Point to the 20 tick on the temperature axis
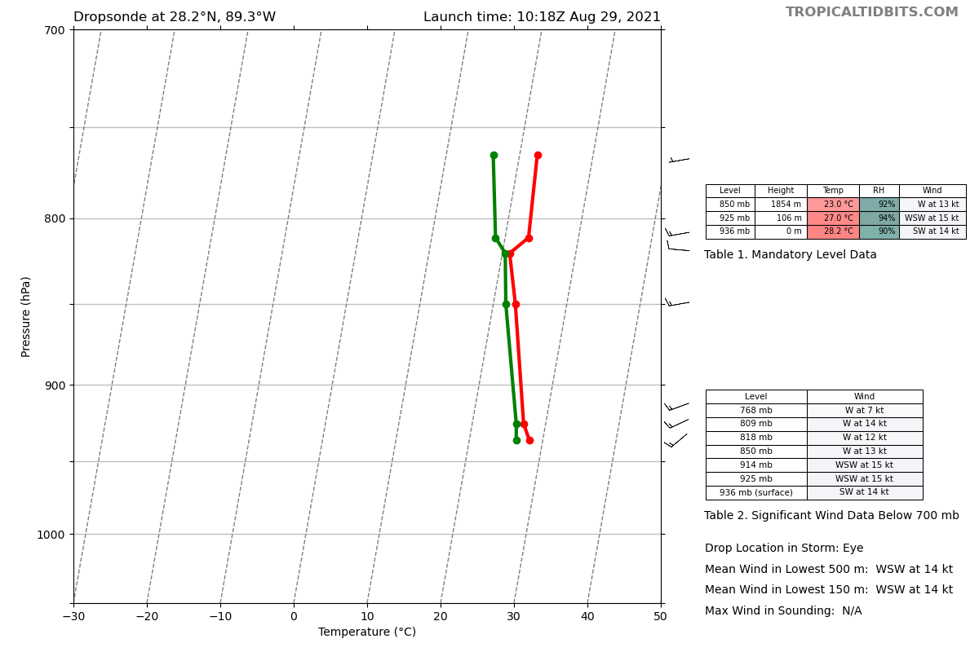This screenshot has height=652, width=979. (x=441, y=617)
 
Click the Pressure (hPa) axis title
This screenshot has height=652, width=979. (x=26, y=316)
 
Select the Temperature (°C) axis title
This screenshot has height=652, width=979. (x=367, y=632)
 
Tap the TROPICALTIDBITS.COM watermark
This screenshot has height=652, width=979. (x=871, y=12)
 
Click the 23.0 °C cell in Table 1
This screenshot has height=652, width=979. (x=833, y=205)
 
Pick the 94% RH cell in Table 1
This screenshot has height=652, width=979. (x=879, y=218)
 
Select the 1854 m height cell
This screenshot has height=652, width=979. (x=781, y=205)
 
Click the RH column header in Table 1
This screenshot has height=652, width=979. (x=879, y=191)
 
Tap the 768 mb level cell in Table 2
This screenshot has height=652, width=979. (x=756, y=411)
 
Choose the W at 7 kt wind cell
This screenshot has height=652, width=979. (x=865, y=411)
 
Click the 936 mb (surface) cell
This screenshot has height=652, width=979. (x=756, y=493)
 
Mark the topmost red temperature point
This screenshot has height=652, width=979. (x=538, y=156)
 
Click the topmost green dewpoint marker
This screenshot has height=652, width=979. (x=494, y=156)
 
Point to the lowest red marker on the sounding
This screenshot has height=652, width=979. (x=529, y=440)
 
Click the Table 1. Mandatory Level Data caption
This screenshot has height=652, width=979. (x=791, y=255)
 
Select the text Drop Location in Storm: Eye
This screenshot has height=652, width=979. (x=784, y=548)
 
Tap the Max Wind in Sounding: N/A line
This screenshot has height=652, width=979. (x=783, y=611)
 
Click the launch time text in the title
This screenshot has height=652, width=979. (x=542, y=17)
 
